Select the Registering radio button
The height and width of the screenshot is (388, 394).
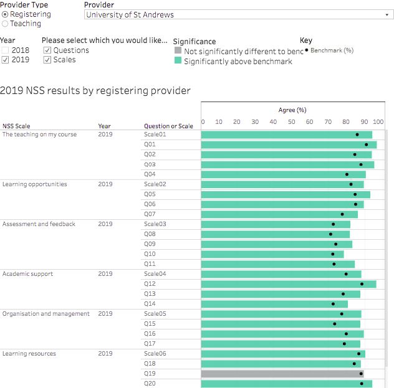(x=6, y=14)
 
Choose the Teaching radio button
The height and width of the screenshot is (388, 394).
(x=6, y=24)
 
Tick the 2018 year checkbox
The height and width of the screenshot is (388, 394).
(x=6, y=50)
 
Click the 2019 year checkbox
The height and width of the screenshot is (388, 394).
(x=6, y=60)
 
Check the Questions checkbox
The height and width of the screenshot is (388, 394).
(x=47, y=50)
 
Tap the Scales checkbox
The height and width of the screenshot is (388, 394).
(x=47, y=60)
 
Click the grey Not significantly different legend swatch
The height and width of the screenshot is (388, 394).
(x=178, y=52)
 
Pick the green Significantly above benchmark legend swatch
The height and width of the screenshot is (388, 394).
(x=178, y=62)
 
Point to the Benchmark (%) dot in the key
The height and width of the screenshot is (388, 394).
(x=307, y=50)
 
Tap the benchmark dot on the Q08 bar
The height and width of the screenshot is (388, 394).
(x=331, y=234)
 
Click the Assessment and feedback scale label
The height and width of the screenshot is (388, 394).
(x=39, y=224)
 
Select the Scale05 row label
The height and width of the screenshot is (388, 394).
(x=155, y=314)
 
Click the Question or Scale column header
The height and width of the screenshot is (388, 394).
(x=168, y=126)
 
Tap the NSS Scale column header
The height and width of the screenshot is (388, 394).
(x=16, y=126)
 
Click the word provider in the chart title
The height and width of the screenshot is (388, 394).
(x=168, y=91)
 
